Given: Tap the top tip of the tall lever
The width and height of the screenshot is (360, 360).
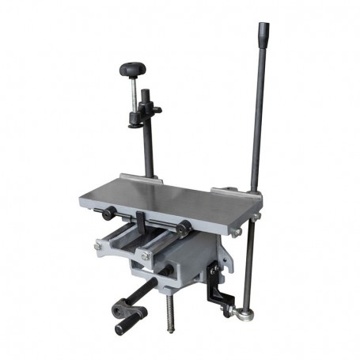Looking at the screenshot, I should pyautogui.click(x=261, y=28).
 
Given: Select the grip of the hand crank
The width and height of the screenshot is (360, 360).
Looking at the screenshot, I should pyautogui.click(x=127, y=325).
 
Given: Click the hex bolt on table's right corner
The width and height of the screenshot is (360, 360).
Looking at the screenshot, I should pyautogui.click(x=235, y=232).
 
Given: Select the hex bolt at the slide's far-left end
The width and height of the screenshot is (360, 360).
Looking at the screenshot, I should pyautogui.click(x=97, y=246).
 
